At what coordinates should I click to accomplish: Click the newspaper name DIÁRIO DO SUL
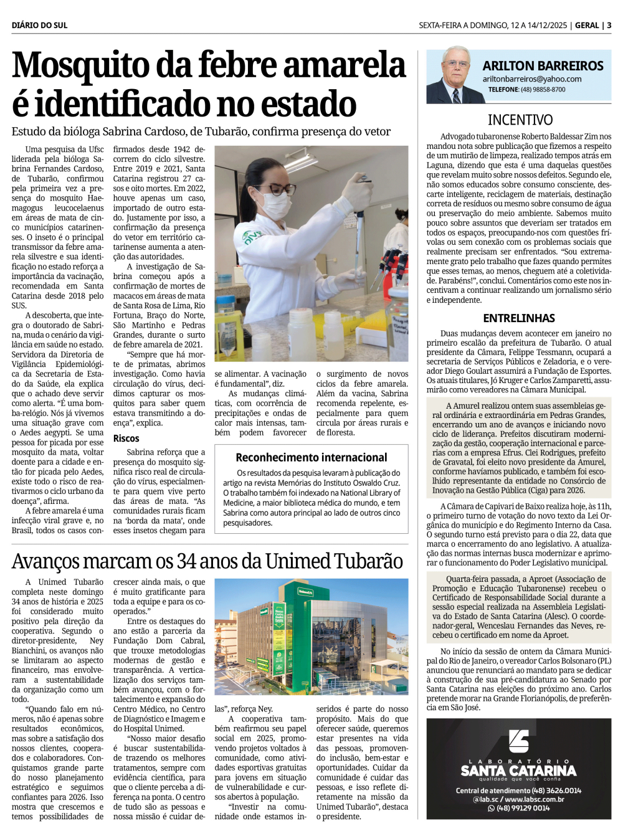click(x=39, y=26)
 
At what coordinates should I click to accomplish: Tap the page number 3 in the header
click(x=609, y=26)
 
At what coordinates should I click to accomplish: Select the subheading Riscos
click(x=126, y=438)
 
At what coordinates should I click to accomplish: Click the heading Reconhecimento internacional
click(x=311, y=457)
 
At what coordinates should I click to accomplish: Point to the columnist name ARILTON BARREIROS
click(x=543, y=66)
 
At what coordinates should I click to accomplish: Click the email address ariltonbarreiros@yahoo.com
click(x=532, y=79)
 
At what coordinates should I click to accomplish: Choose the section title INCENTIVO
click(x=520, y=120)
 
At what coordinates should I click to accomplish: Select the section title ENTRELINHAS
click(x=519, y=318)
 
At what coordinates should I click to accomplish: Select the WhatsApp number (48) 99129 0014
click(x=523, y=808)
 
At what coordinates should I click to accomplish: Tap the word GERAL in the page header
click(x=587, y=26)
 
